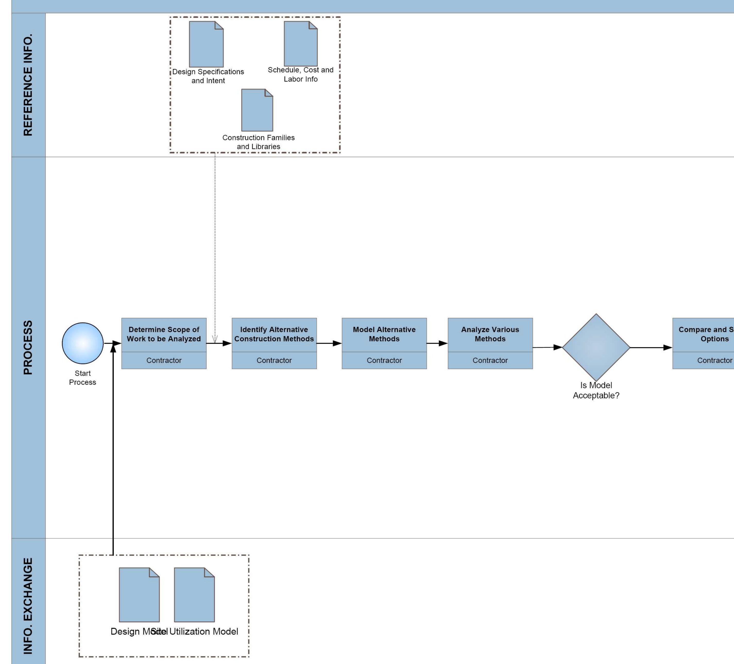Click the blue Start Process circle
point(83,343)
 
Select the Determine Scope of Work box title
point(164,334)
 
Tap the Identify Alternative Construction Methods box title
point(274,334)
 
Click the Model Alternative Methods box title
point(384,334)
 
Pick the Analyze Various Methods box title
point(490,334)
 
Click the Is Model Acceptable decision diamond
point(596,347)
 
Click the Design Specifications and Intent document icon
point(206,44)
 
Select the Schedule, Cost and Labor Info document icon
point(301,44)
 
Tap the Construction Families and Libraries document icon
point(257,110)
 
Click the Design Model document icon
point(139,595)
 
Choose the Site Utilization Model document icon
point(194,595)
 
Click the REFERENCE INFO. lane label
point(28,85)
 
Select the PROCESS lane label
point(28,347)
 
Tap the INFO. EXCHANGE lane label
point(28,606)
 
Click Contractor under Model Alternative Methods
point(384,360)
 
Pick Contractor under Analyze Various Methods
point(490,360)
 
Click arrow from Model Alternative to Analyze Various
point(437,343)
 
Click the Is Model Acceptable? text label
point(596,390)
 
